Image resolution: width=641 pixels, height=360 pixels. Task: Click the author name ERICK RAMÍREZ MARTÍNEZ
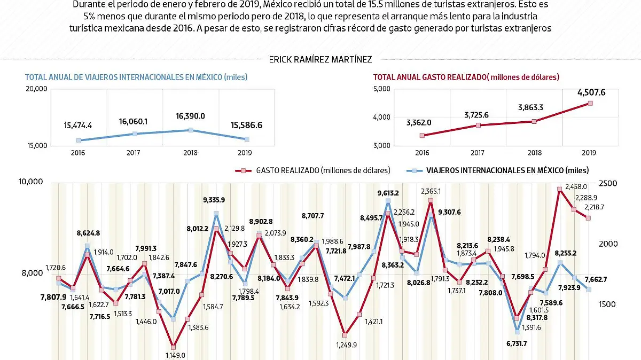click(320, 60)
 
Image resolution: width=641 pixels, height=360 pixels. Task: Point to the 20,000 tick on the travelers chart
click(37, 89)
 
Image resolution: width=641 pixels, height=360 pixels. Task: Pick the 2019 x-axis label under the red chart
click(590, 153)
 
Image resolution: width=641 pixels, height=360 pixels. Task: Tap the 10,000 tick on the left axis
click(31, 182)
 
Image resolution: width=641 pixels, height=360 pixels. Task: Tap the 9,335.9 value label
click(214, 200)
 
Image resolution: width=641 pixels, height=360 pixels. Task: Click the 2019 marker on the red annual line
click(590, 103)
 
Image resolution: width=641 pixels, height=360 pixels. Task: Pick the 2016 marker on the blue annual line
click(79, 140)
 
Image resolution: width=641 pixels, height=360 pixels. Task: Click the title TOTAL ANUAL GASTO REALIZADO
click(466, 77)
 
